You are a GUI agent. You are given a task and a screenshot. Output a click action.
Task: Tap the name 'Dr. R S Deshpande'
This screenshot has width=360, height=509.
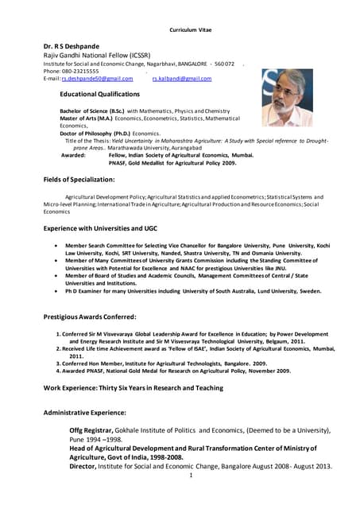pyautogui.click(x=72, y=46)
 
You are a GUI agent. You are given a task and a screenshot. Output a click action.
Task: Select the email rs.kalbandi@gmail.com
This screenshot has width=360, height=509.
pyautogui.click(x=181, y=80)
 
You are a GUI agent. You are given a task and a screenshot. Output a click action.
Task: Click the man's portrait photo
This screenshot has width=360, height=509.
pyautogui.click(x=287, y=97)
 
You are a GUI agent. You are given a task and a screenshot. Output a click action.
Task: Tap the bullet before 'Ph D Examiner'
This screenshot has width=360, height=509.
pyautogui.click(x=53, y=291)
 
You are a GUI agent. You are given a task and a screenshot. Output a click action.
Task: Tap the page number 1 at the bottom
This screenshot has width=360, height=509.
pyautogui.click(x=192, y=476)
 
